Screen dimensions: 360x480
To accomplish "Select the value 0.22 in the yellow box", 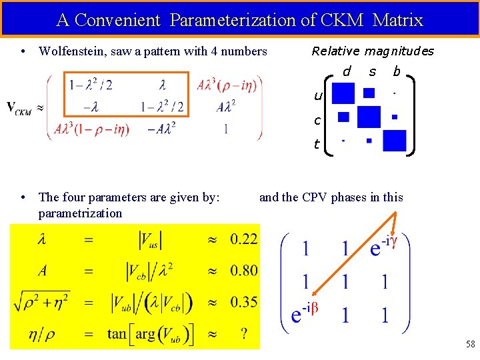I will click(x=243, y=238).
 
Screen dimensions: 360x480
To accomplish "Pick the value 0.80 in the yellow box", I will click(x=243, y=270).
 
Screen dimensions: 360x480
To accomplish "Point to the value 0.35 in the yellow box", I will click(x=243, y=302).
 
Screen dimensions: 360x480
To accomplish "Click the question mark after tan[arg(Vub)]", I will click(x=244, y=333).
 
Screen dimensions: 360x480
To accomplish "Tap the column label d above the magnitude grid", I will click(x=347, y=71).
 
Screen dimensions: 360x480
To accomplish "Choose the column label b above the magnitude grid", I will click(x=397, y=71).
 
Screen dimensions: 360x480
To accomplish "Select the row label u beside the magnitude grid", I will click(x=318, y=96).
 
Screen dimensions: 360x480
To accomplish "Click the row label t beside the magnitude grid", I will click(x=317, y=144).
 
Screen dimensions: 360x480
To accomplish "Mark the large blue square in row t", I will click(x=395, y=141).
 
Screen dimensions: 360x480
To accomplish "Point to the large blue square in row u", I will click(x=343, y=93).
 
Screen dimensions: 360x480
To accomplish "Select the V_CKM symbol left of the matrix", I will click(x=19, y=108).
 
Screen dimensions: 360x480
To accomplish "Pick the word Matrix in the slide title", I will click(x=398, y=20).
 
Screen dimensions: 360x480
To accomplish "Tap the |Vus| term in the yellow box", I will click(x=151, y=238).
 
